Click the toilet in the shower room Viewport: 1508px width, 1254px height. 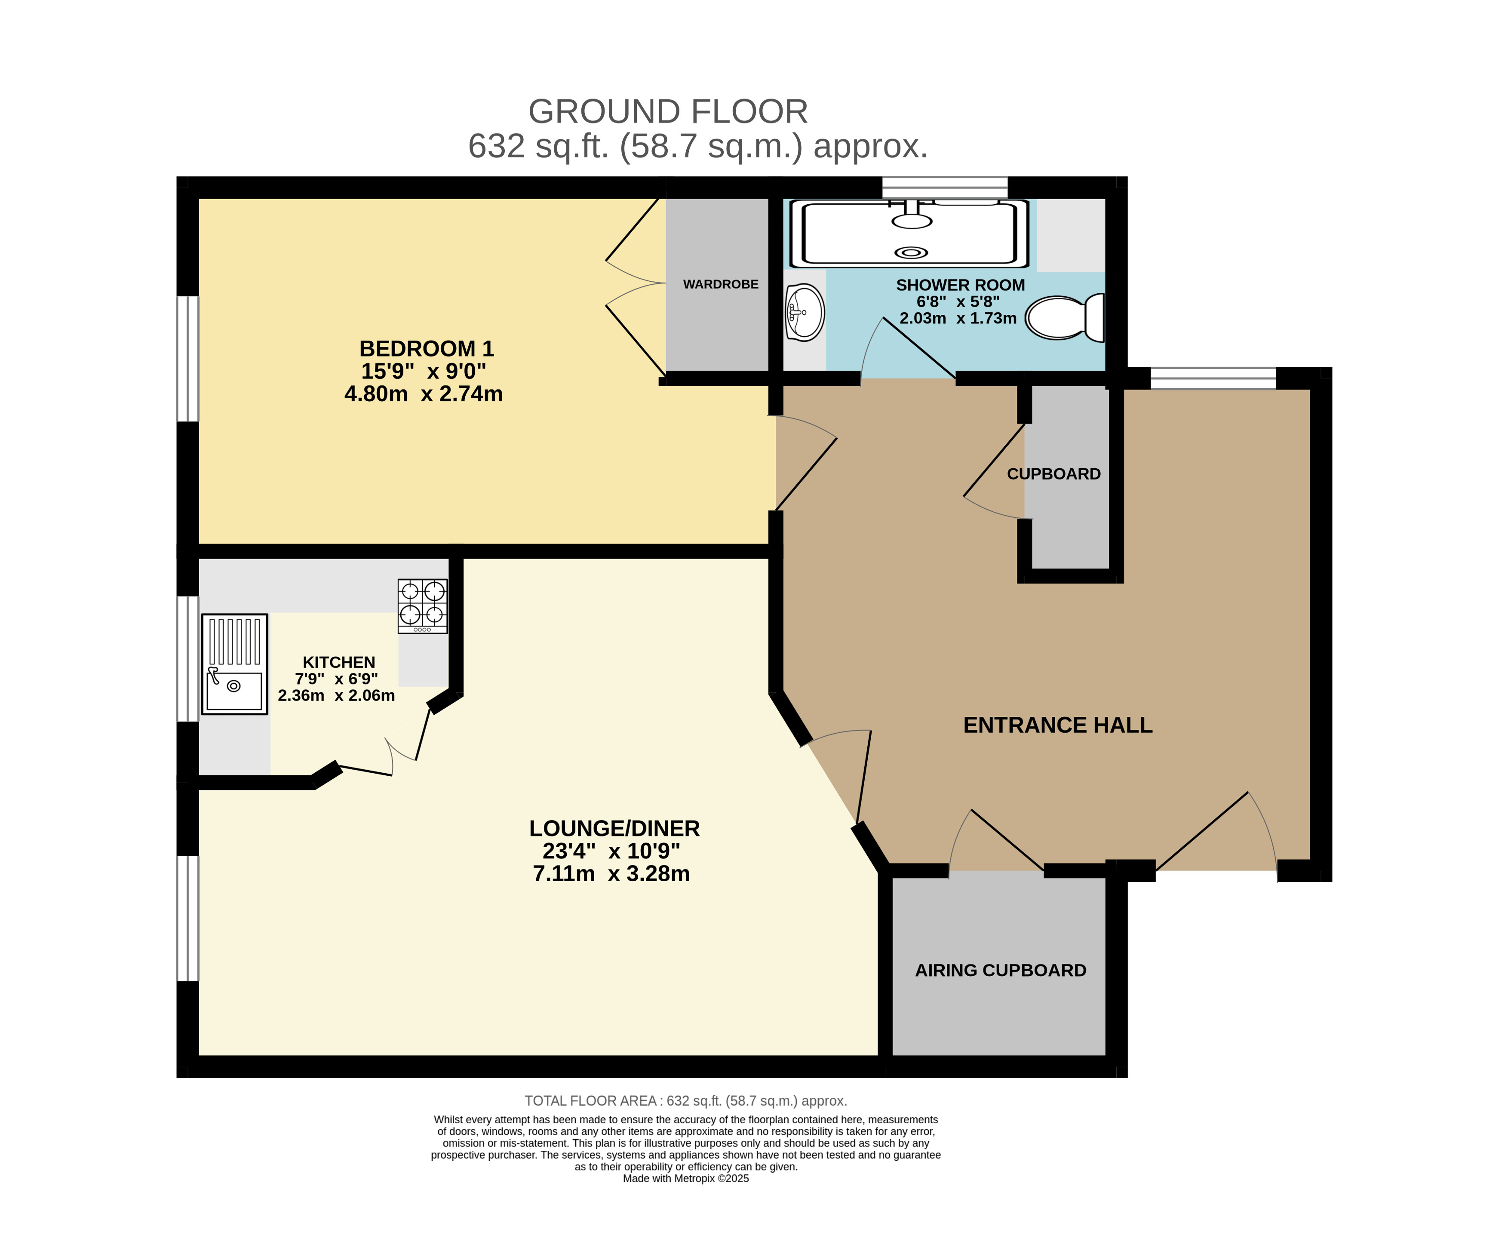click(x=1064, y=317)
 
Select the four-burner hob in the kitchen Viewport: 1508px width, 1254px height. click(x=422, y=606)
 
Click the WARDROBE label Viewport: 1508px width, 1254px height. click(x=720, y=284)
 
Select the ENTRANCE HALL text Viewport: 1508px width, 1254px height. click(x=1058, y=725)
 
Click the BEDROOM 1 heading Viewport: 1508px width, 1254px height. click(x=427, y=349)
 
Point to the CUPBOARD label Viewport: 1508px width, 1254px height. click(x=1053, y=474)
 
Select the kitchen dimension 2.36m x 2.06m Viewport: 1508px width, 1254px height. click(x=336, y=696)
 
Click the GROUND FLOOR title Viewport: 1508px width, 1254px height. click(x=668, y=112)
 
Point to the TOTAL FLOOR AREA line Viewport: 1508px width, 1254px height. click(x=686, y=1101)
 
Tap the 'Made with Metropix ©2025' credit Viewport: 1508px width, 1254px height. click(x=686, y=1179)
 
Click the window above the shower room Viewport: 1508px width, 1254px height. click(x=945, y=187)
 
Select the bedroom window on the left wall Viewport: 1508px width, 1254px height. click(x=187, y=358)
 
